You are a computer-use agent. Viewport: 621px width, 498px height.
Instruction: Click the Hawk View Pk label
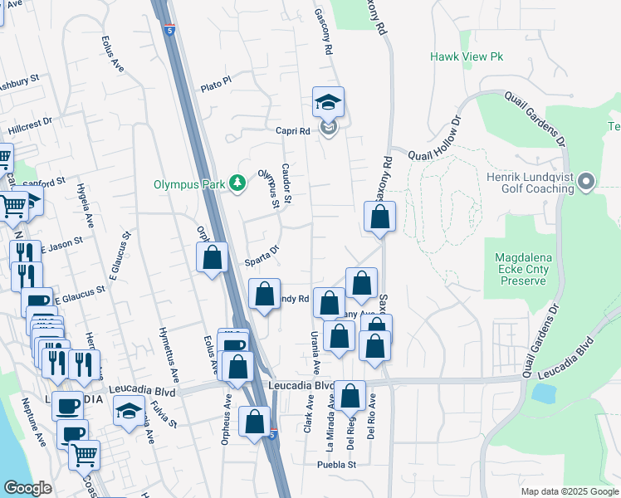(x=467, y=56)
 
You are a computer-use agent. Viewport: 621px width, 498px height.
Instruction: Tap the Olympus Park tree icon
(x=237, y=183)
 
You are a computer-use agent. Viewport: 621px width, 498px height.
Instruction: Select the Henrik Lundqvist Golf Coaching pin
(x=587, y=181)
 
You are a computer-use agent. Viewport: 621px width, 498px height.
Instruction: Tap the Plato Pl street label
(x=215, y=88)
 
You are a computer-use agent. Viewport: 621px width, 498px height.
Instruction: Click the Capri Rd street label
(x=293, y=131)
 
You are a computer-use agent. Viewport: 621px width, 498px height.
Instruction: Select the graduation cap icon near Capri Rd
(x=328, y=103)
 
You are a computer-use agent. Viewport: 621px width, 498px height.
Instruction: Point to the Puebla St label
(x=335, y=465)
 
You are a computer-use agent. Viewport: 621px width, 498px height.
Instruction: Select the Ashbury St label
(x=18, y=84)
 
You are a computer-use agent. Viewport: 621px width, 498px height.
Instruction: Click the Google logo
(x=27, y=488)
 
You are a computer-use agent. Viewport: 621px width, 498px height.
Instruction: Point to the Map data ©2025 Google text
(x=569, y=491)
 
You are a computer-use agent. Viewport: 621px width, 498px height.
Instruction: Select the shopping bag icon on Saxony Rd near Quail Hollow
(x=379, y=217)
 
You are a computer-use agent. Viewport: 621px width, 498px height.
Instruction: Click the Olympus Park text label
(x=190, y=184)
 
